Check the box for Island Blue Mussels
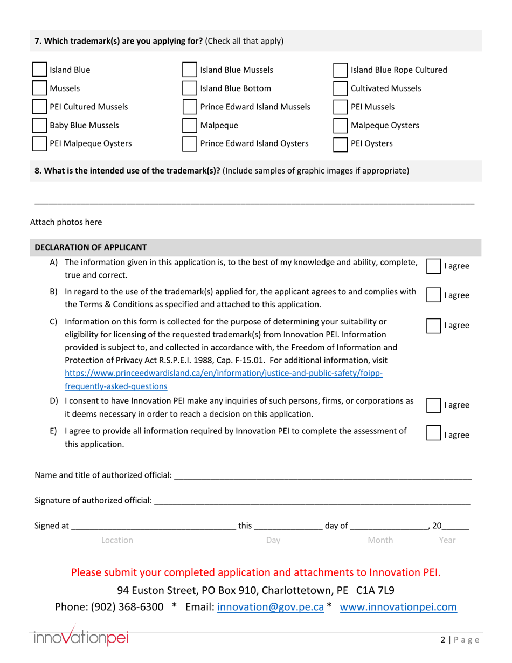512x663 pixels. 190,70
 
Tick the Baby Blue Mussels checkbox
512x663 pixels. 39,126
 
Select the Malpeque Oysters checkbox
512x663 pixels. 340,126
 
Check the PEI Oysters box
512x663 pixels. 340,144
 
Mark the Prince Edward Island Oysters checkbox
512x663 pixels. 190,144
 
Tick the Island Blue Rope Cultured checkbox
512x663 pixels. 340,70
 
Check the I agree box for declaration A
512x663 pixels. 434,266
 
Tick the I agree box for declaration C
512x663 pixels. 434,326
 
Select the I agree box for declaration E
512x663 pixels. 434,434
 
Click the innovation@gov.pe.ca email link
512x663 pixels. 270,607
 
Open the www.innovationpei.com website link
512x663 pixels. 398,607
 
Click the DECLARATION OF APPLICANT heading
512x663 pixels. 91,247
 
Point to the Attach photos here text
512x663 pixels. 66,222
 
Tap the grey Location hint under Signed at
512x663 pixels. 117,540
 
